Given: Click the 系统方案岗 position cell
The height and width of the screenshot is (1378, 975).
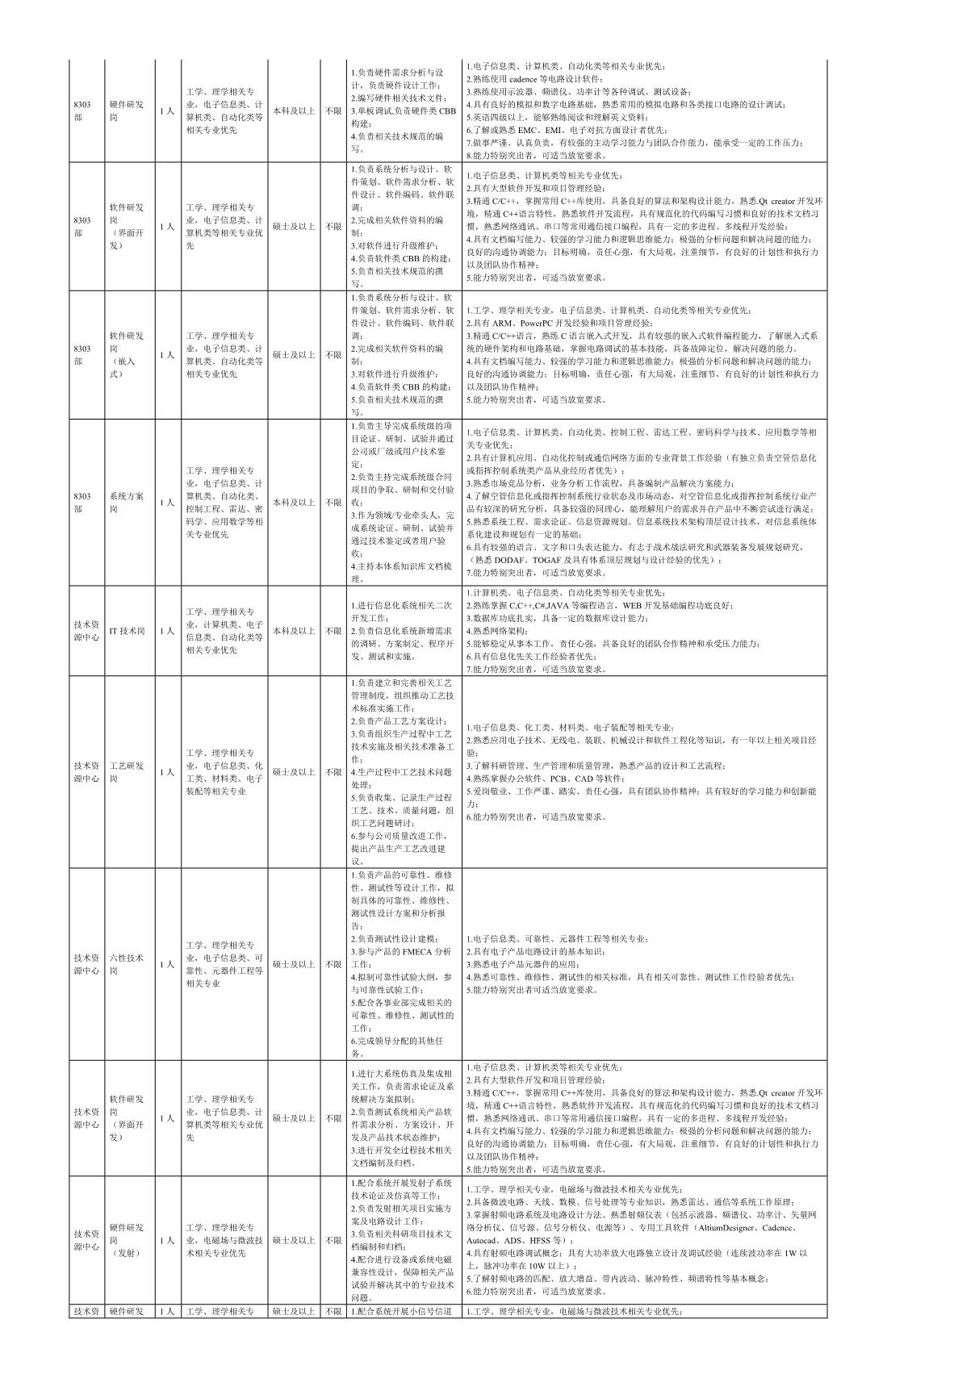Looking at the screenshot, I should (127, 503).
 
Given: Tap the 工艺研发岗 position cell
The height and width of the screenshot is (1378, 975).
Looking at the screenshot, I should (127, 772).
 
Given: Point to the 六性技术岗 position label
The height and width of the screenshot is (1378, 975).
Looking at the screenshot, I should (127, 964).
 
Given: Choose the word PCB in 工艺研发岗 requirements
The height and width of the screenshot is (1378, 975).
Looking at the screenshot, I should (554, 779).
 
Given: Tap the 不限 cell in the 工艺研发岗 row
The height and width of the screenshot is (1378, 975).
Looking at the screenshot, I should (333, 772).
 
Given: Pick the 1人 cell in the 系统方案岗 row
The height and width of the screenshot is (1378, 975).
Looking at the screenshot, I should (166, 503).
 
